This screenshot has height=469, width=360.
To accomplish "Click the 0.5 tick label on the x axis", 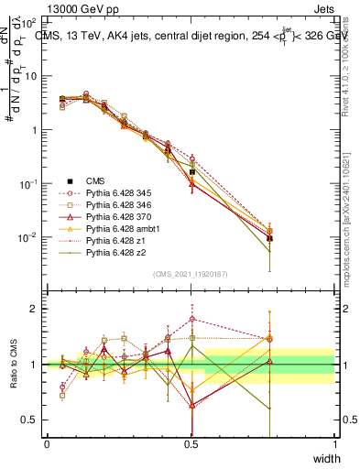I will pos(191,444).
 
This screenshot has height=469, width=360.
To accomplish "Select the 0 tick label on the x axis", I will pos(47,444).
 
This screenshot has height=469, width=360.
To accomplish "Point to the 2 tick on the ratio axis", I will pos(34,309).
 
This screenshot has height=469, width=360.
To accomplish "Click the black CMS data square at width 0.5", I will pos(191,171).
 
